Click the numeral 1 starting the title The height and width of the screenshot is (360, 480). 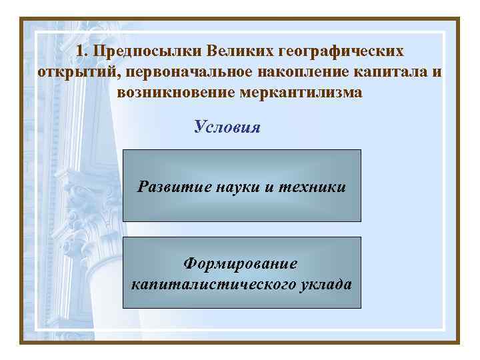(80, 51)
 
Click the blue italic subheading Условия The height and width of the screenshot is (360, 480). (227, 127)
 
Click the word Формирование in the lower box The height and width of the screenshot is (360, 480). (241, 264)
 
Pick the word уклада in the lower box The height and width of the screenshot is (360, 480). (327, 285)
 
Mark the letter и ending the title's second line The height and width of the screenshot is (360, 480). (437, 72)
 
